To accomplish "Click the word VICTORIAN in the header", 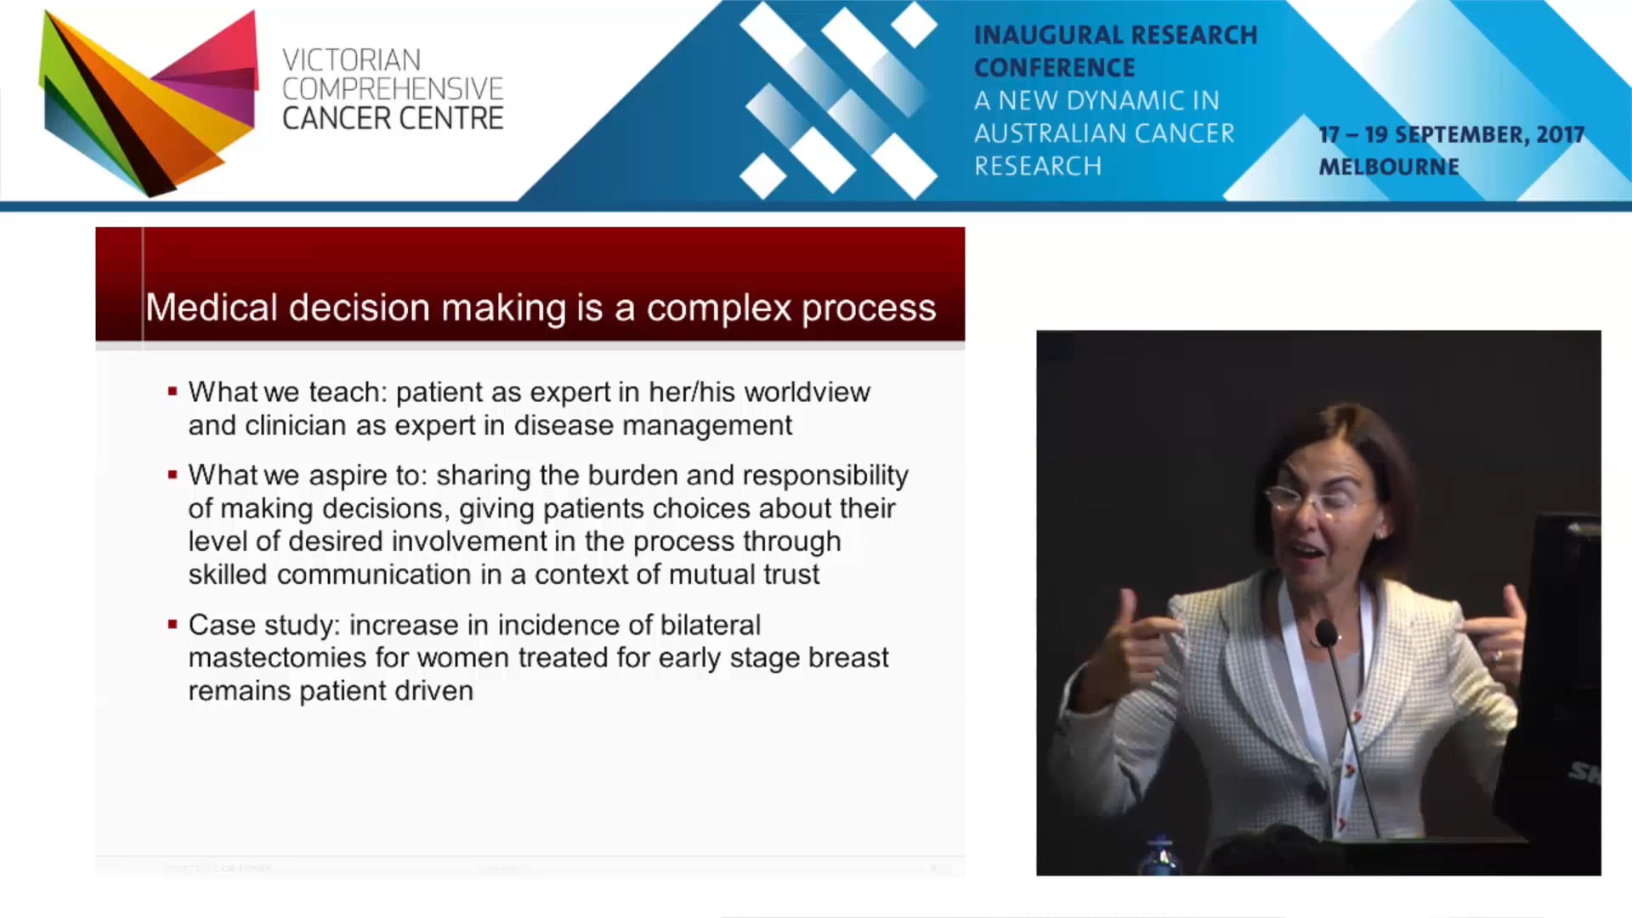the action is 351,60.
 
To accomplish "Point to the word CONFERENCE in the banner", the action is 1054,67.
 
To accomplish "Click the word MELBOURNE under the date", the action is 1389,167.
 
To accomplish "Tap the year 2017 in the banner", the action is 1560,134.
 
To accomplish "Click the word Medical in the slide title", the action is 212,307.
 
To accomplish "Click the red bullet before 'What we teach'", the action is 173,392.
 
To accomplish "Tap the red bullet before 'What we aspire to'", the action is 173,475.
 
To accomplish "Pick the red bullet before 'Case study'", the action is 173,625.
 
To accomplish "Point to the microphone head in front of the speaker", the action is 1325,632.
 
